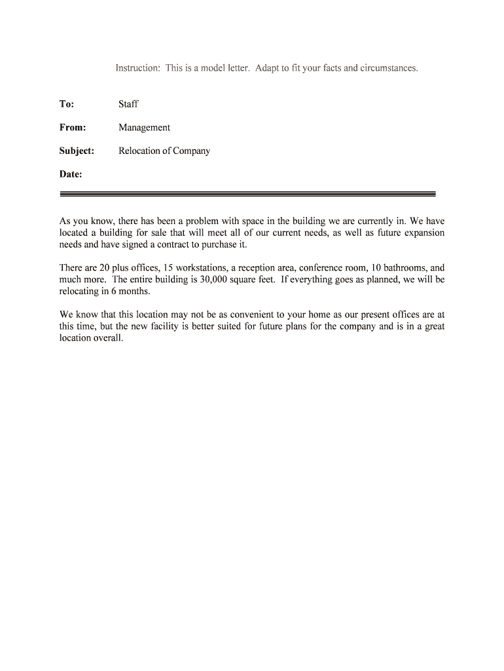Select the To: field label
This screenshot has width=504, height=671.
pyautogui.click(x=67, y=104)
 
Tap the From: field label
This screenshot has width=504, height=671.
pyautogui.click(x=73, y=128)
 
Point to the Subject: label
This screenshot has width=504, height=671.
pyautogui.click(x=77, y=151)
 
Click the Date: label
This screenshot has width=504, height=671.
pyautogui.click(x=71, y=174)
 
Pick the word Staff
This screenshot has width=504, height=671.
pyautogui.click(x=128, y=104)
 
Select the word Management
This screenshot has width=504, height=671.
pyautogui.click(x=144, y=128)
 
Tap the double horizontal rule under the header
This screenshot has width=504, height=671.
pyautogui.click(x=247, y=193)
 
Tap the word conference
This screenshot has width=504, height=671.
pyautogui.click(x=321, y=268)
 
